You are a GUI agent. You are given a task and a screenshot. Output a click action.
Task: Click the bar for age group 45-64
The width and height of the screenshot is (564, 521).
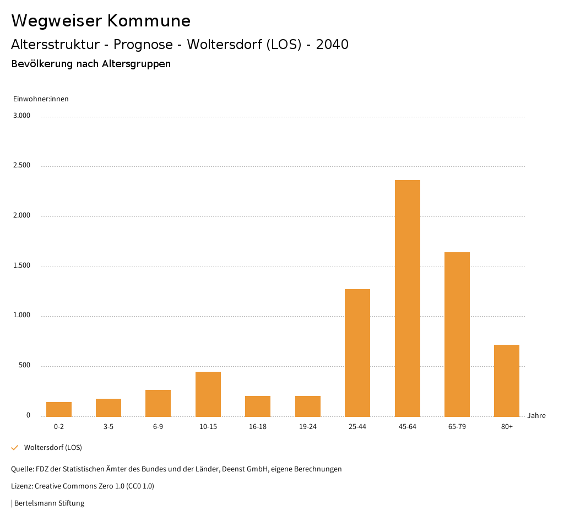pos(407,298)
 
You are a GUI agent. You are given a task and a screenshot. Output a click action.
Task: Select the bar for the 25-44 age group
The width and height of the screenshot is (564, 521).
pos(357,352)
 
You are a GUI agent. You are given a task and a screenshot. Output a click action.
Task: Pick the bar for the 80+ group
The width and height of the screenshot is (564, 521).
pos(507,381)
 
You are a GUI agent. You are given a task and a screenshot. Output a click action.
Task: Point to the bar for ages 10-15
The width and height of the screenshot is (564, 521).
pos(208,394)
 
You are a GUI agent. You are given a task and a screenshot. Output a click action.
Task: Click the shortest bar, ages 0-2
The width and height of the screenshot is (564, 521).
pos(59,409)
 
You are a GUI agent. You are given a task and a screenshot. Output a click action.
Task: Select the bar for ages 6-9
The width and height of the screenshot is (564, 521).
pos(158,403)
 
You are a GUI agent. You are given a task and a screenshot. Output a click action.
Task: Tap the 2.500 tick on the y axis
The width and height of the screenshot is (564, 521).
pos(21,166)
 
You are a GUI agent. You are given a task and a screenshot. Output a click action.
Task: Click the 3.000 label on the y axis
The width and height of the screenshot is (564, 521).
pos(21,116)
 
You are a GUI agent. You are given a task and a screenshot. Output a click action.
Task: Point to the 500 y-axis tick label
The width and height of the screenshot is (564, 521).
pos(24,366)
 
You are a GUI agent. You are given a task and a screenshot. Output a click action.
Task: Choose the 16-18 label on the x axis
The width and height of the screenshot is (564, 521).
pos(258,427)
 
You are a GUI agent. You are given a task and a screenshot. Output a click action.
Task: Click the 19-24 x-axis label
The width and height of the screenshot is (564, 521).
pos(307,427)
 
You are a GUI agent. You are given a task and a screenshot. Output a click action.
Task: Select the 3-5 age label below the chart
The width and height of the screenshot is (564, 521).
pos(109,427)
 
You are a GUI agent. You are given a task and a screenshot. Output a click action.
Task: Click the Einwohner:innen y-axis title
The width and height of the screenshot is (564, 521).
pos(41,99)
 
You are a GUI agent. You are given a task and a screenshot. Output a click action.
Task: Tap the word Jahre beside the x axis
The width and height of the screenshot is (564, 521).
pos(536,416)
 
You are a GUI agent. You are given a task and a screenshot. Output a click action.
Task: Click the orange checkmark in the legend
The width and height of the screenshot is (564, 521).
pos(15,448)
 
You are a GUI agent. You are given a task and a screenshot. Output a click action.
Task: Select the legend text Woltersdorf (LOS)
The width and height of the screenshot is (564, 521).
pos(53,448)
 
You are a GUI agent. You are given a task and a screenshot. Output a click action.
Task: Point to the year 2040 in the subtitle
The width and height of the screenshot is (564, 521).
pos(332,45)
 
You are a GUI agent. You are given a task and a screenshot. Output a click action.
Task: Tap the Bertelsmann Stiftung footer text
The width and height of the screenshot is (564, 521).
pos(49,503)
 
